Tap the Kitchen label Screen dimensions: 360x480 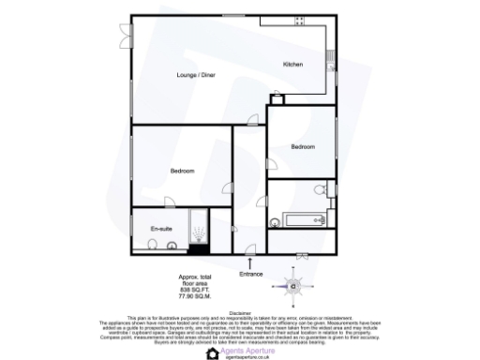[x=292, y=64]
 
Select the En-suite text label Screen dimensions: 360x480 [x=160, y=228]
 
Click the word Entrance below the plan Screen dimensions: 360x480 [x=250, y=273]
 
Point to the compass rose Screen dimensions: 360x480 [x=292, y=283]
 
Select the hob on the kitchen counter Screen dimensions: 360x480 [x=299, y=21]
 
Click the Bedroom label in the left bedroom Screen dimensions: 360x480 [x=182, y=170]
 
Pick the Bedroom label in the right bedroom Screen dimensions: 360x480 [x=302, y=147]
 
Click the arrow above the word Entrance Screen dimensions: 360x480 [x=250, y=261]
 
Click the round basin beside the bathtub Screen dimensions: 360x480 [x=274, y=222]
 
